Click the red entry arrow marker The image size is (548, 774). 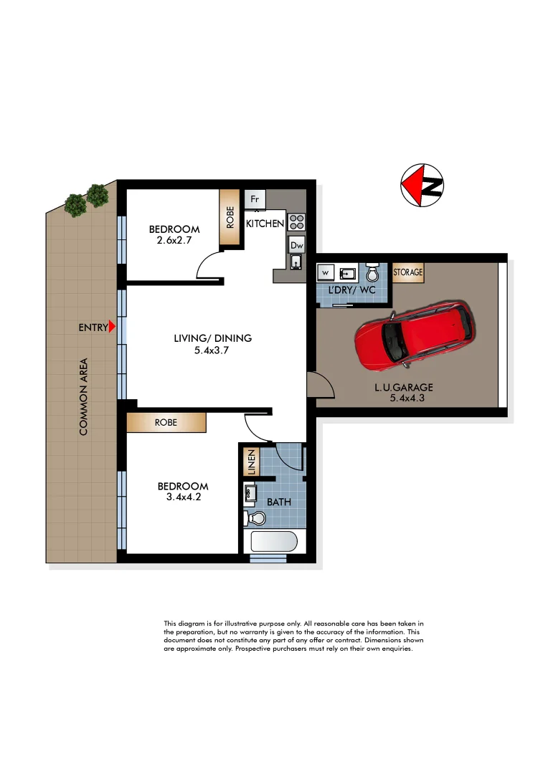click(112, 327)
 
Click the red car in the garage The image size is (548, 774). click(415, 336)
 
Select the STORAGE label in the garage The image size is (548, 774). click(408, 272)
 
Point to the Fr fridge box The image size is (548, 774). click(255, 199)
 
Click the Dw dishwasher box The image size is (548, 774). click(296, 245)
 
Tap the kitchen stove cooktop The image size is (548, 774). click(296, 221)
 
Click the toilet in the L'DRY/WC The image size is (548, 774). click(372, 274)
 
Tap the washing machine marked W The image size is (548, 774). click(324, 273)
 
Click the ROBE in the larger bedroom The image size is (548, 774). click(166, 423)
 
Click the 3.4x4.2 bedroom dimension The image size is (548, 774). click(183, 498)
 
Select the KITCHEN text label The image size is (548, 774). click(265, 224)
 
